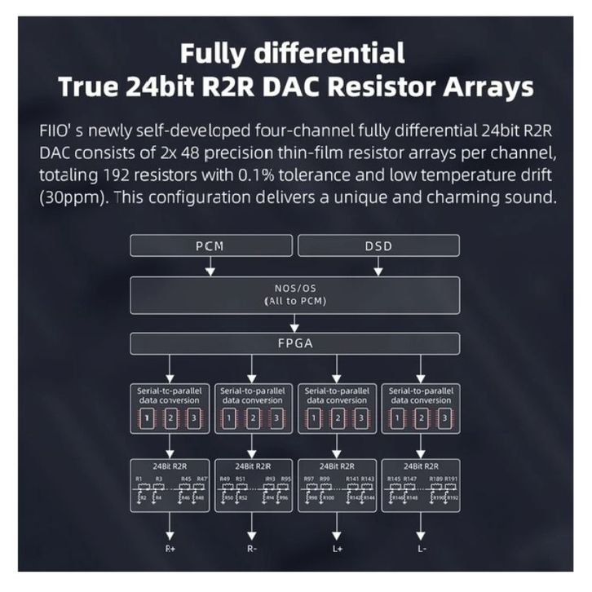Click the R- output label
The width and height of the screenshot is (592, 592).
[x=254, y=549]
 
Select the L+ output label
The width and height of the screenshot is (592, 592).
[x=336, y=549]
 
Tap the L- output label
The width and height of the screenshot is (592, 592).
[x=420, y=549]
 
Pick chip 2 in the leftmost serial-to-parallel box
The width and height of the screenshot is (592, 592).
[x=170, y=419]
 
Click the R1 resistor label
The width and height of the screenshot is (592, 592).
[x=140, y=479]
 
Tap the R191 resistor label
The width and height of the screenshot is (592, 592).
[x=452, y=479]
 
